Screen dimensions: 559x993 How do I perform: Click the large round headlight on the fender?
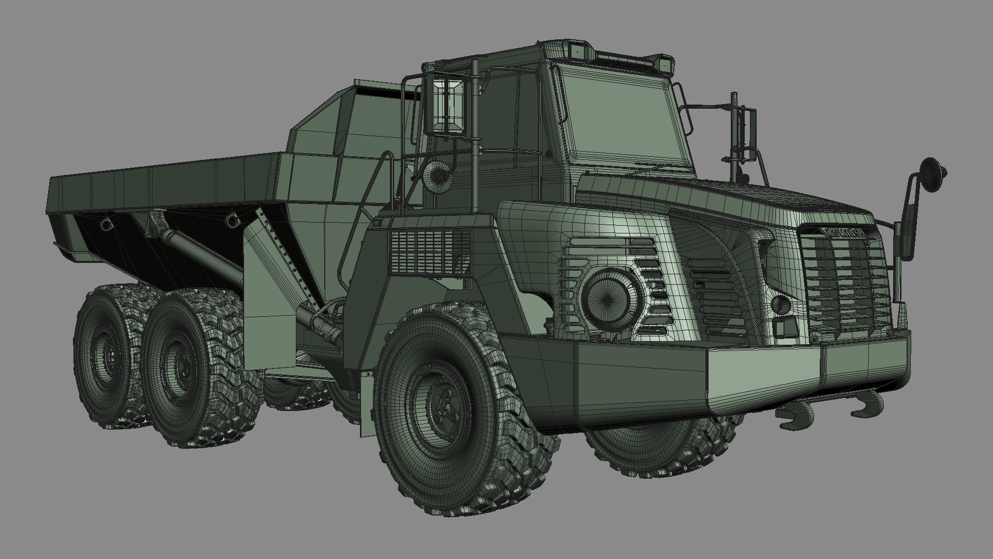607,297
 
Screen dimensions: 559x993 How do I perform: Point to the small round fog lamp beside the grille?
780,304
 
